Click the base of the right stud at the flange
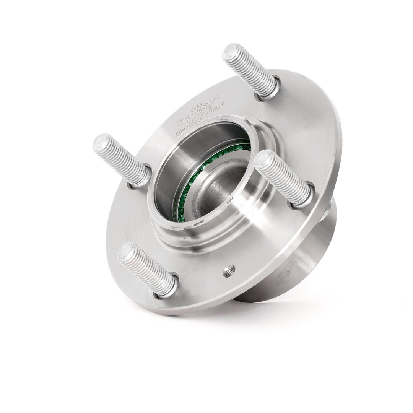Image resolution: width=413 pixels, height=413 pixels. (x=302, y=197)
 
